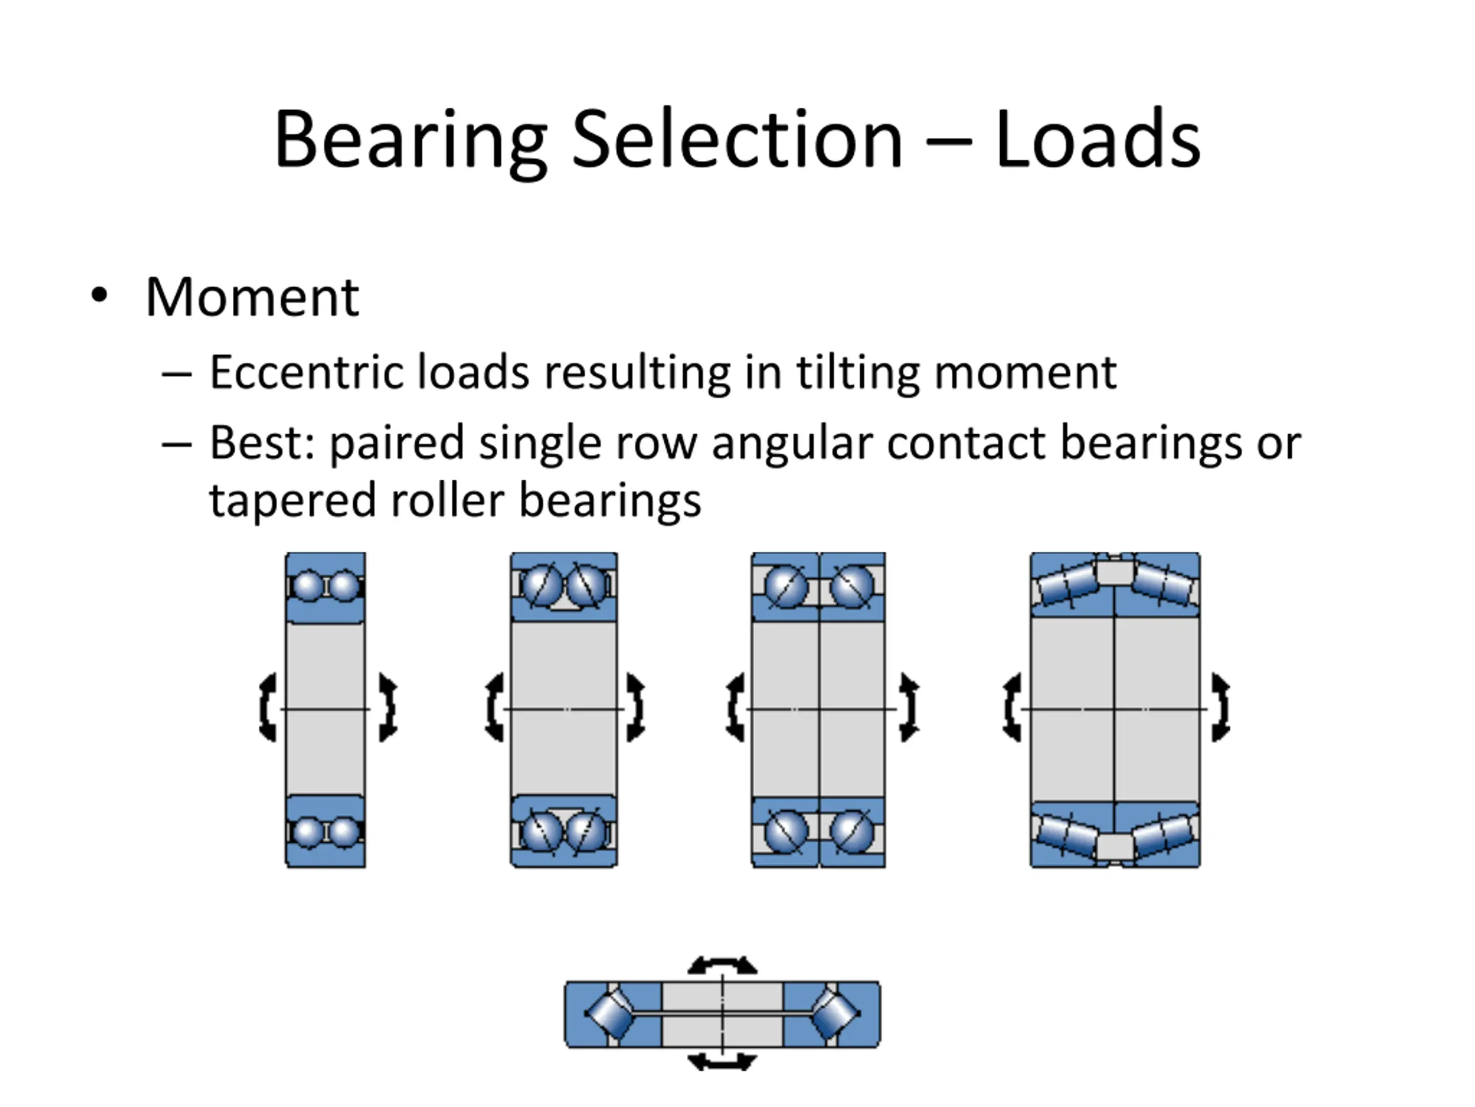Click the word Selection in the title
coord(737,140)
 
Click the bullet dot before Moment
coord(99,296)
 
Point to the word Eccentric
coord(305,372)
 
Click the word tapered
coord(293,500)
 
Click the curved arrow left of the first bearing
coord(267,707)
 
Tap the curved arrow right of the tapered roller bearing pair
coord(1220,707)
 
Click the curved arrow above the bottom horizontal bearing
coord(722,965)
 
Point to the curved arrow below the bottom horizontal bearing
coord(722,1061)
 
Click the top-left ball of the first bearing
coord(308,585)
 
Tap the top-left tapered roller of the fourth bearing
coord(1067,584)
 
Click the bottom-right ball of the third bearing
coord(852,831)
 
